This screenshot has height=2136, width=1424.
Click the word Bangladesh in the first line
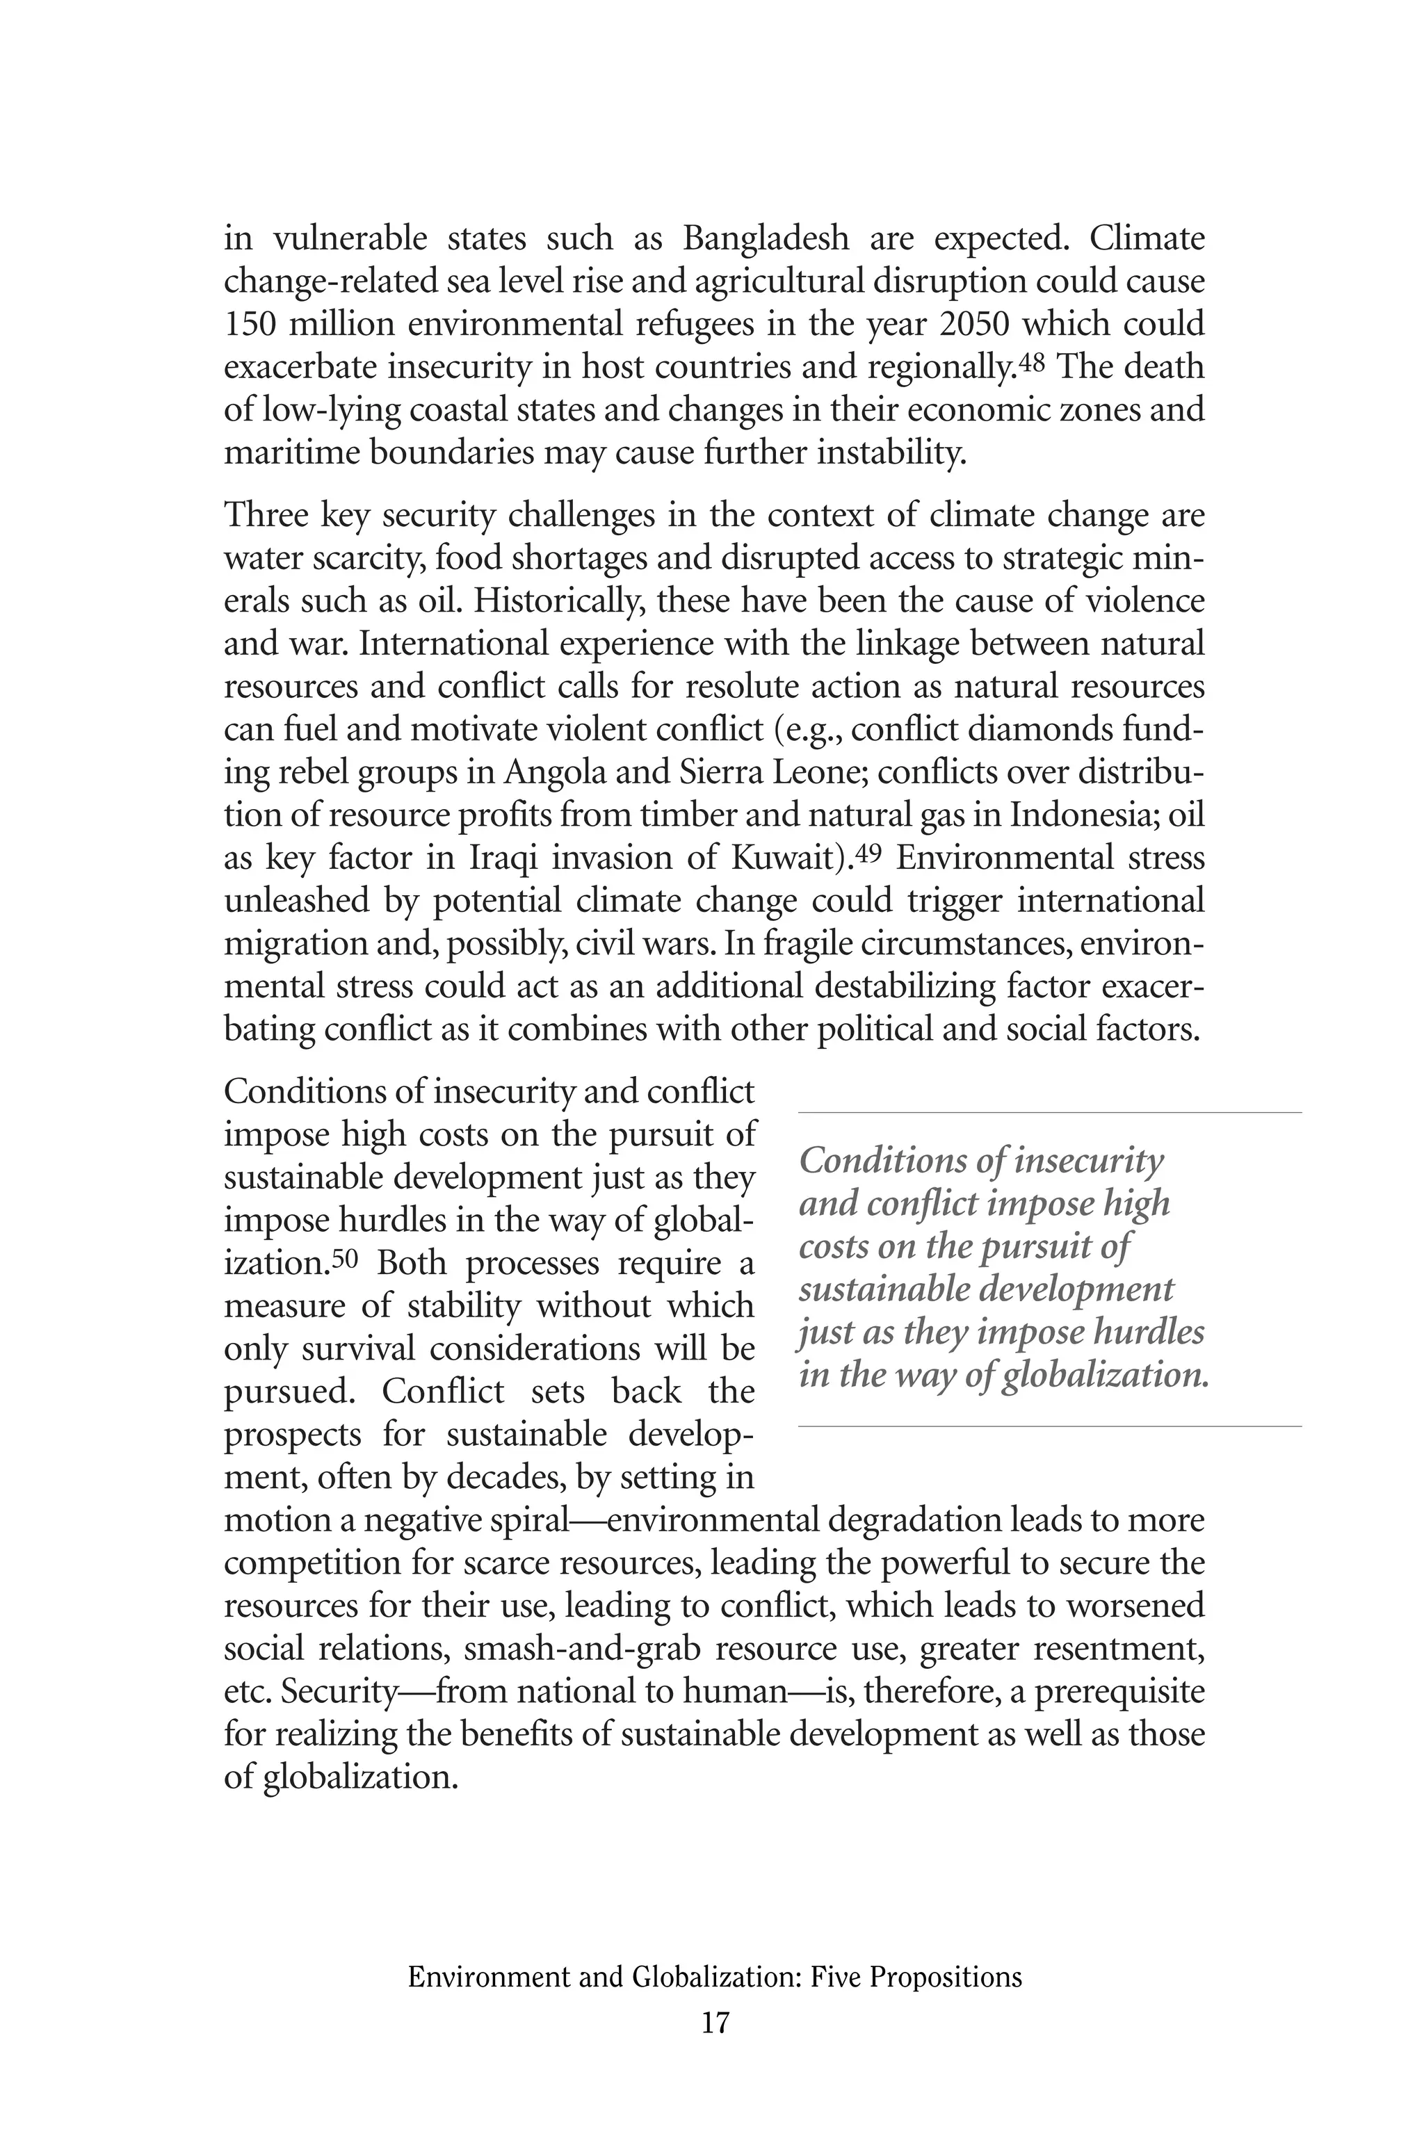click(766, 238)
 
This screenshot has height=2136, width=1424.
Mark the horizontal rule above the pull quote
click(1049, 1112)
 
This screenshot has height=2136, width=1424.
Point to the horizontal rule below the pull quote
click(1049, 1426)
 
